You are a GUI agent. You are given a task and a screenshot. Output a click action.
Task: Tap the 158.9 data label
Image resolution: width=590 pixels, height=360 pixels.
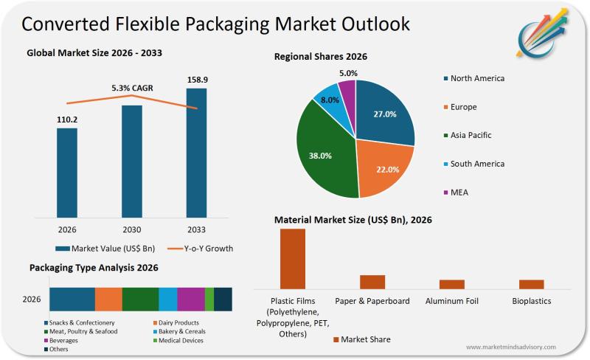(196, 79)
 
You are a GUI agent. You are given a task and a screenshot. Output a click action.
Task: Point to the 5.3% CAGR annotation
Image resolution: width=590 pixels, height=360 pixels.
(132, 88)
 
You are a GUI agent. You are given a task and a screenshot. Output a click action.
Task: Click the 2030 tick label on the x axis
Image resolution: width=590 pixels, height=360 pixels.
(131, 229)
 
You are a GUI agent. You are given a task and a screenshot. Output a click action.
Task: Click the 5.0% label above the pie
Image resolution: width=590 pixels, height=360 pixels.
(349, 73)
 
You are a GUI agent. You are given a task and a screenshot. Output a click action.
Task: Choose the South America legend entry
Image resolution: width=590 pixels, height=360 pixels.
(476, 164)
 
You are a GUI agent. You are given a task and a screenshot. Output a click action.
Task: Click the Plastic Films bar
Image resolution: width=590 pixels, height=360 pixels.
(293, 258)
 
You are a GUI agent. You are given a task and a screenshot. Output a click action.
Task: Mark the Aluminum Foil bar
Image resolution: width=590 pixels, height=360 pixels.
(451, 284)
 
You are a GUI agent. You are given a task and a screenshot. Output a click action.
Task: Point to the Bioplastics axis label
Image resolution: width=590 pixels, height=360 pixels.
(531, 301)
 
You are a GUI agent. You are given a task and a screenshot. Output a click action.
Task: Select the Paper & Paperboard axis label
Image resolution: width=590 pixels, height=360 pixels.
(372, 301)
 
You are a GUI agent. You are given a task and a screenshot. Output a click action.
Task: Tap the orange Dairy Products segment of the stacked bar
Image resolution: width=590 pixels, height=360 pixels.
(108, 299)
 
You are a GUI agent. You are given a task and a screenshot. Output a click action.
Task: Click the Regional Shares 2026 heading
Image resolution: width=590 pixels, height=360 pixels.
(321, 56)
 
